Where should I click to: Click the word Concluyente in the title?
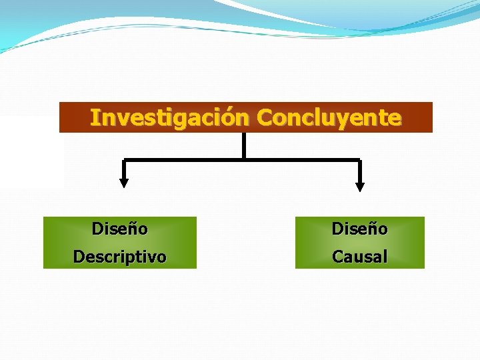click(x=329, y=117)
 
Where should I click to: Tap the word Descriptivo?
click(x=120, y=257)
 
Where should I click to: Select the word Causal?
click(x=360, y=257)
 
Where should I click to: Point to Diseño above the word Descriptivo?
click(x=120, y=229)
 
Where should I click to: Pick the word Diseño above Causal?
click(x=360, y=229)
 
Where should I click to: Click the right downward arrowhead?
click(x=360, y=185)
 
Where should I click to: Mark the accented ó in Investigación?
click(x=233, y=117)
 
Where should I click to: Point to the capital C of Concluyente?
click(x=265, y=117)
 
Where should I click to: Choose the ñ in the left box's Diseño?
click(x=132, y=229)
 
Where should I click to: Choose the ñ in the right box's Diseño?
click(x=372, y=229)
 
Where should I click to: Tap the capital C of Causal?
click(x=337, y=257)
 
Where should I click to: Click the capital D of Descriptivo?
click(x=79, y=257)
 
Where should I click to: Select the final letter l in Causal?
click(x=385, y=257)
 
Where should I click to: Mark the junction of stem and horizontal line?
click(x=244, y=159)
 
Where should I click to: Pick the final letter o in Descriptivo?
click(x=161, y=257)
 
